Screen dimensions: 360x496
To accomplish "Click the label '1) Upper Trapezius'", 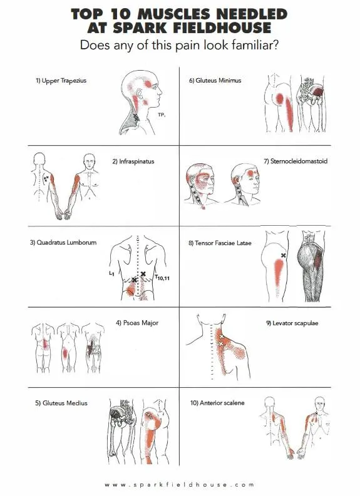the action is (61, 81).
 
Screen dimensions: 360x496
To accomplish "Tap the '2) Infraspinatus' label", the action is (133, 161).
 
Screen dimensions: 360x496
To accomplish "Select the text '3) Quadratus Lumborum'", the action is (63, 243).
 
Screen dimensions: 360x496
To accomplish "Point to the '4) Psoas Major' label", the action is (137, 323).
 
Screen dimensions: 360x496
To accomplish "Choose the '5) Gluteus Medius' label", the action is (61, 403).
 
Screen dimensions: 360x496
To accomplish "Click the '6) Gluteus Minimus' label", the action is (215, 80).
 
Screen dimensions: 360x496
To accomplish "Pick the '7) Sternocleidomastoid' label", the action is (296, 161).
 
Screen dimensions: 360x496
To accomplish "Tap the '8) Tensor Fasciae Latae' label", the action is (220, 243).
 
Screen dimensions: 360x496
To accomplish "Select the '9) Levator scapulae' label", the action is (292, 323).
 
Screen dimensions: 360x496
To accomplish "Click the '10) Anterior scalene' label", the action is (217, 403).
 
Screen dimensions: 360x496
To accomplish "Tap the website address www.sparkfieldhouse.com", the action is (180, 484).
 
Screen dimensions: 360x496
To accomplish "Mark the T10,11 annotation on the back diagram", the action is (162, 278).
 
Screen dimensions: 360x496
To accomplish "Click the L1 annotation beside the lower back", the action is (111, 273).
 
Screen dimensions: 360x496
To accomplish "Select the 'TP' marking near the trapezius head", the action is (162, 115).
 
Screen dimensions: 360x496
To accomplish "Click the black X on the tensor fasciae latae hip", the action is (284, 255).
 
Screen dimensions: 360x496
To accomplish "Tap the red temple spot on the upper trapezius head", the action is (148, 84).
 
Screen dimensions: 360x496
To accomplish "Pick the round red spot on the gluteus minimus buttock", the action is (279, 99).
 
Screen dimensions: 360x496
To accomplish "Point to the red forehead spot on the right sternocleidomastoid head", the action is (251, 173).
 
